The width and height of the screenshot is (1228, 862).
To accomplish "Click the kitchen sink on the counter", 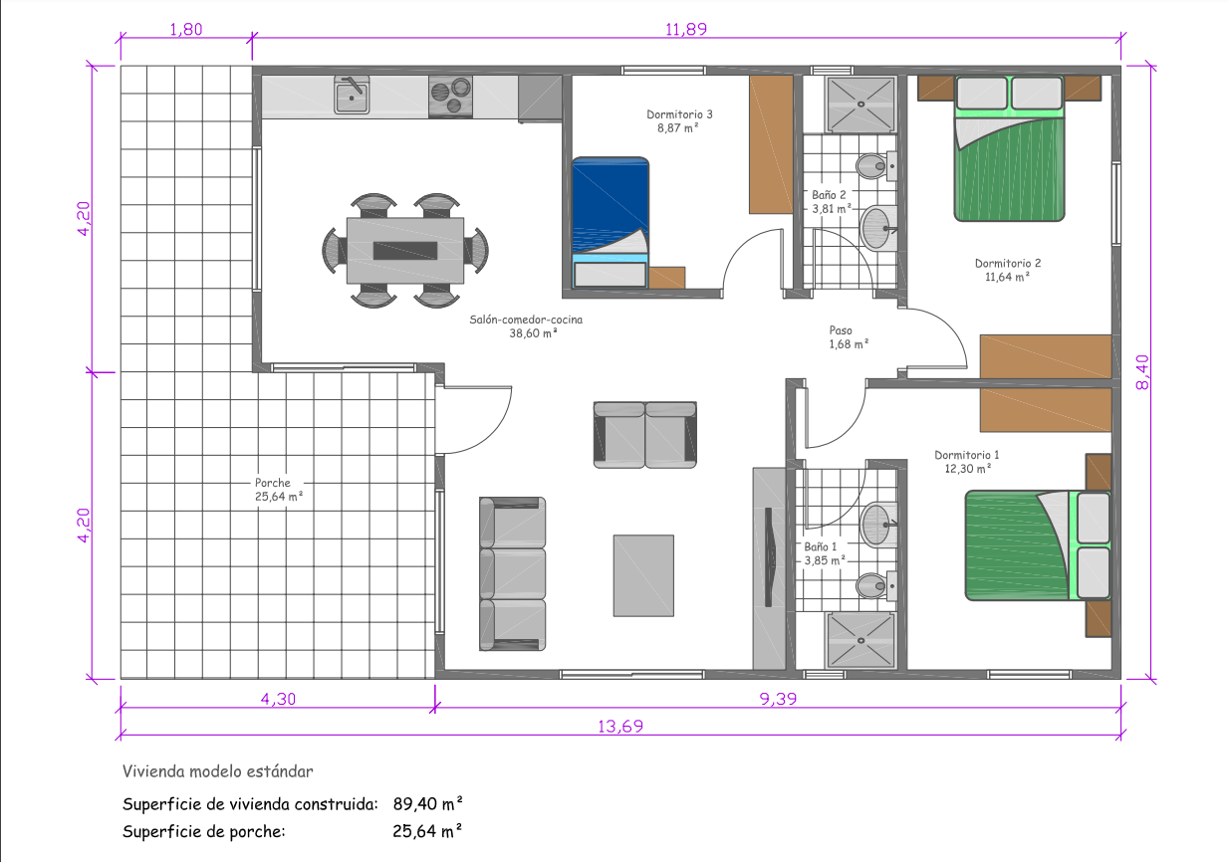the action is coord(352,95).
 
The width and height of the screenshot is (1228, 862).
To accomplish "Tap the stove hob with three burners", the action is coord(450,96).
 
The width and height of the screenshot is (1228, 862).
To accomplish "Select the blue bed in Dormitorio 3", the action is coord(611,223).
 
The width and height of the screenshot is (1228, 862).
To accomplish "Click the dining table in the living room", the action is coord(405,251).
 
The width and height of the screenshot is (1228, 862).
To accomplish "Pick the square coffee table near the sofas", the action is coord(643,575).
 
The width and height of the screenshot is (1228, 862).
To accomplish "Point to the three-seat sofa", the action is coord(512,573).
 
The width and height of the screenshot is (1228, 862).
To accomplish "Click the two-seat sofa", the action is coord(644,435).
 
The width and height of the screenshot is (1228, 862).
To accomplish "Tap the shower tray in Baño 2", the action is coord(860,105).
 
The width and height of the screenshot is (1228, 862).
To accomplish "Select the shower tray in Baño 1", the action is coord(860,640).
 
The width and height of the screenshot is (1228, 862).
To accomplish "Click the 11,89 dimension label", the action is coord(686,29).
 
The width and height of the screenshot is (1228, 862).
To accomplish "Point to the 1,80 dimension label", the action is coord(186,29).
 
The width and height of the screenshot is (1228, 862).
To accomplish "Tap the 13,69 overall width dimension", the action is coord(620,726).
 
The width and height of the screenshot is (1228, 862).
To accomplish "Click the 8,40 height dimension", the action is coord(1142,372).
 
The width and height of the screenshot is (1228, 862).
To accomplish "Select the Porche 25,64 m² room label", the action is coord(279,490).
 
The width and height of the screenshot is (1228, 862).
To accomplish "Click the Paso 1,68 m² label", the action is coord(849,337).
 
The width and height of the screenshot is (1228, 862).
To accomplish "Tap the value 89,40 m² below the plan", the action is coord(427,804).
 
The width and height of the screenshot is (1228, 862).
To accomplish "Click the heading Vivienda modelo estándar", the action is coord(218,771).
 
